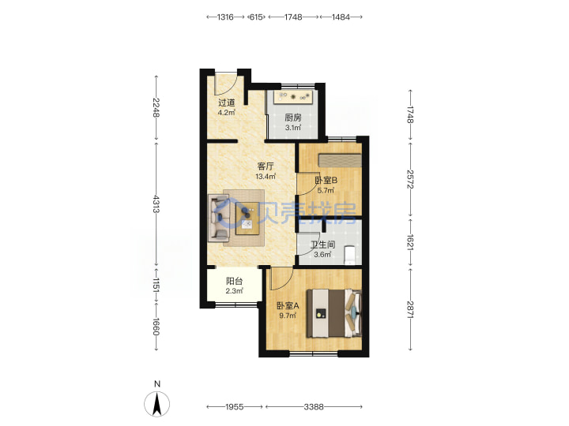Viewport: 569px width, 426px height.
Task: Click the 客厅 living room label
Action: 266,166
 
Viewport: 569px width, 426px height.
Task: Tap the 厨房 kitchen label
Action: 293,118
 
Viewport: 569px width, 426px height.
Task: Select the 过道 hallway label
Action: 227,103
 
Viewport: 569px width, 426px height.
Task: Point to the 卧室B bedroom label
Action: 326,180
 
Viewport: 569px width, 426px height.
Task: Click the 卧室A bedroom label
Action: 288,306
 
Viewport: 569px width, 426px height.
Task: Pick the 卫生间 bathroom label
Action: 322,245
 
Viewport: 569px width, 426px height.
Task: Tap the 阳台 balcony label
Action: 234,281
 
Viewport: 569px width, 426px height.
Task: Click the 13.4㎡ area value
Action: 266,177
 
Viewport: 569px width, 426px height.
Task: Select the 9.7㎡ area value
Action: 288,316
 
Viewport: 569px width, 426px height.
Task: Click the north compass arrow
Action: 157,404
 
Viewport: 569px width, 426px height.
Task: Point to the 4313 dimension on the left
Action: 156,204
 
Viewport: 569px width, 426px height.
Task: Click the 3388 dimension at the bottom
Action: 314,407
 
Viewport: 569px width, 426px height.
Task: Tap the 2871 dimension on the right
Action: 410,310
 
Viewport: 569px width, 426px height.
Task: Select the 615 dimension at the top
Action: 256,17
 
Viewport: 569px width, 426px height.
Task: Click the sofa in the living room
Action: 219,218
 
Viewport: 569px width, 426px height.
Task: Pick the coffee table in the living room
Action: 247,218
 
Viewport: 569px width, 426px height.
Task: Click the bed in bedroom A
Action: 334,313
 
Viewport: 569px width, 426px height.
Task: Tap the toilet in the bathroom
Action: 350,255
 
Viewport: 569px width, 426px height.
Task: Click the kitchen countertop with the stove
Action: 293,97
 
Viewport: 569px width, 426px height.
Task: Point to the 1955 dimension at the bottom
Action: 235,407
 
